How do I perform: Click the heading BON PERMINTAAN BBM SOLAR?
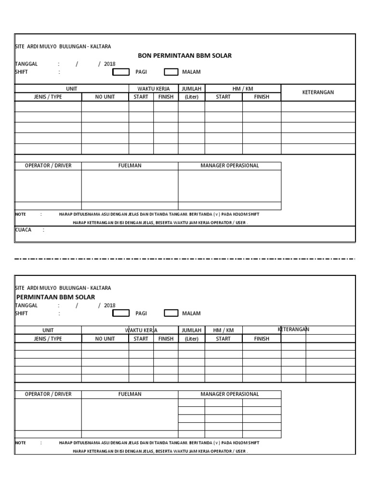tap(185, 56)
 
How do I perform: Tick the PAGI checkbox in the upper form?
tap(121, 72)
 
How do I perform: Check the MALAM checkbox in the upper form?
tap(171, 72)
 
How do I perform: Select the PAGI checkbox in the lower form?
tap(121, 313)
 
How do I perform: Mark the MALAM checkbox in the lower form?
tap(171, 313)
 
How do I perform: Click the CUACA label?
tap(23, 230)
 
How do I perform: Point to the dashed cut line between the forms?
tap(185, 259)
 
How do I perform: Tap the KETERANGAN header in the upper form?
tap(318, 92)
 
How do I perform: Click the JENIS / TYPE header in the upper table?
tap(48, 97)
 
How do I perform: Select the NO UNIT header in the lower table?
tap(105, 339)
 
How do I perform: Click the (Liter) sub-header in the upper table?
tap(191, 97)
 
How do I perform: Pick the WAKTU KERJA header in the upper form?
tap(153, 89)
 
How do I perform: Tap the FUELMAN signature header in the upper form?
tap(130, 166)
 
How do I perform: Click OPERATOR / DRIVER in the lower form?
tap(48, 394)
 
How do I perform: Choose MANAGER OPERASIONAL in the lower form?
tap(229, 394)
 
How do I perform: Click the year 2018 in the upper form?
tap(110, 64)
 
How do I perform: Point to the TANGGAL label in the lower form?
tap(26, 306)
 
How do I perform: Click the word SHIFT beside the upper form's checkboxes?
tap(22, 72)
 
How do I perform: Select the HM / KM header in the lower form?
tap(223, 330)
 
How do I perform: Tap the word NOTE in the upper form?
tap(20, 214)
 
